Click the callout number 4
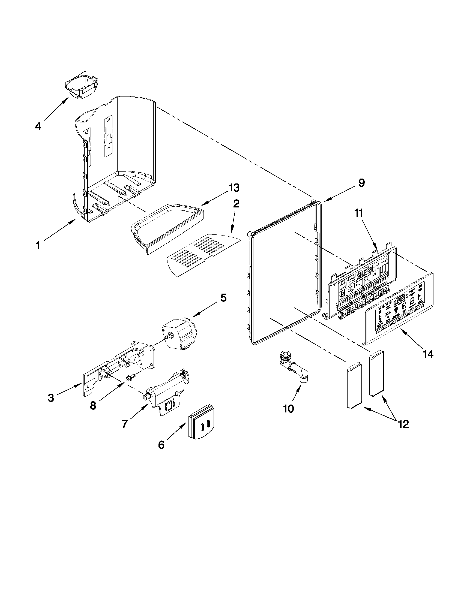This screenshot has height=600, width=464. [38, 126]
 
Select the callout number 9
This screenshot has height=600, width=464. [361, 183]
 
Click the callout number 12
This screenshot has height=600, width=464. [403, 424]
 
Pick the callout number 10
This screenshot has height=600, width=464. [288, 416]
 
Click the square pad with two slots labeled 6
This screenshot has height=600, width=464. [202, 421]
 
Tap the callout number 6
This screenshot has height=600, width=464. [161, 445]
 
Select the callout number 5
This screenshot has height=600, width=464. [223, 297]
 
